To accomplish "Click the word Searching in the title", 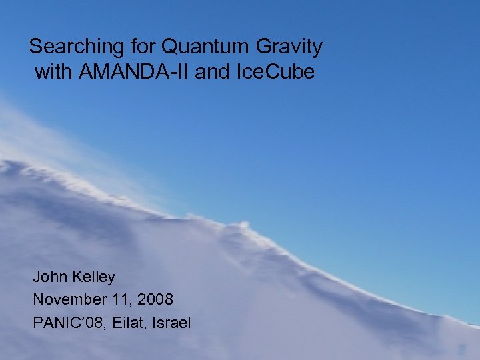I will coord(69,47).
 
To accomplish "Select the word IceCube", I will coord(275,71).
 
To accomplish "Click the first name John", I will coord(50,277).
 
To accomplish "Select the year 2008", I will coord(157,299).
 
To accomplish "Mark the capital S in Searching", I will coord(36,47).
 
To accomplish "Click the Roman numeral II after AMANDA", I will coord(185,71).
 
